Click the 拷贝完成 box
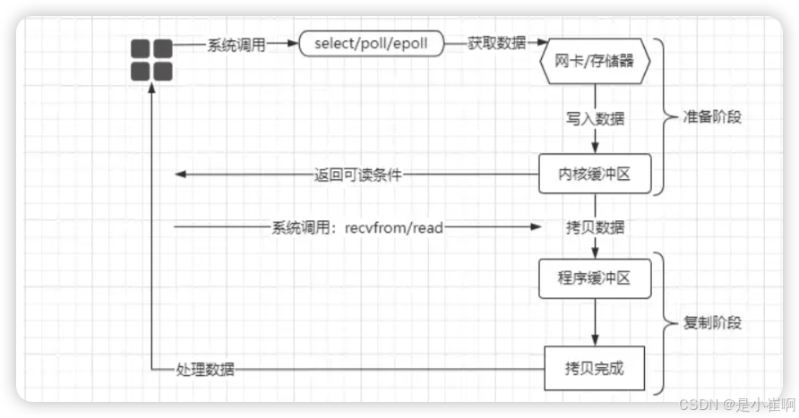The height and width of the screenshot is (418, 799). click(595, 369)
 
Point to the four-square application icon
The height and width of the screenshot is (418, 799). click(151, 60)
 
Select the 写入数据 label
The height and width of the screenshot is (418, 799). click(595, 118)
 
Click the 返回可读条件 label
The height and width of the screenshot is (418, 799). click(357, 175)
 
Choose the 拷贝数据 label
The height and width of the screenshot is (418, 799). click(595, 227)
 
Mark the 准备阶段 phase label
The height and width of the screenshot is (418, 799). click(713, 116)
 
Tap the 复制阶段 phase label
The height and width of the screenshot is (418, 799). click(713, 323)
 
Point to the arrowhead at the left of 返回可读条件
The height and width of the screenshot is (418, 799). click(180, 175)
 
